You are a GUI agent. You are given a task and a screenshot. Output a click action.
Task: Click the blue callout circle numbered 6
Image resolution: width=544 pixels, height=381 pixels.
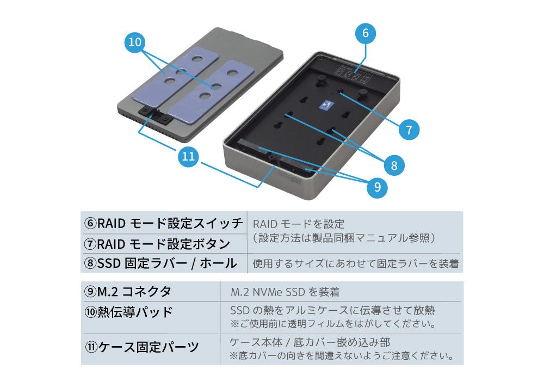[x=365, y=33]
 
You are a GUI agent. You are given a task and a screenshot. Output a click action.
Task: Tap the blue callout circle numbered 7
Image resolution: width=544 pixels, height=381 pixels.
[x=409, y=130]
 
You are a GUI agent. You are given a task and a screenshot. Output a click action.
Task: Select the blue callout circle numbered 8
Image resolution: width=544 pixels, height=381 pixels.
[x=394, y=163]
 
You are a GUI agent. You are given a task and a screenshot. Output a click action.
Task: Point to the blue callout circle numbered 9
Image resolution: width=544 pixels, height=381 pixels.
[x=377, y=187]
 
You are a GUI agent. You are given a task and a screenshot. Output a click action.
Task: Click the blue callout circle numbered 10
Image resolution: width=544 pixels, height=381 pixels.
[x=137, y=44]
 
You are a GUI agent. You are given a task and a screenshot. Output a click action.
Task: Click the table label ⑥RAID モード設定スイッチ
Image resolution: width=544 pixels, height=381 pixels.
[x=163, y=223]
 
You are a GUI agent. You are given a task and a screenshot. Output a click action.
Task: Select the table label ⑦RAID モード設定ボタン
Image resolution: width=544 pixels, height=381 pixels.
[x=157, y=243]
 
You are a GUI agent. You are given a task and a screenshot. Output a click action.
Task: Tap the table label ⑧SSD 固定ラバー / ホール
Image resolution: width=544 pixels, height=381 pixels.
[x=160, y=263]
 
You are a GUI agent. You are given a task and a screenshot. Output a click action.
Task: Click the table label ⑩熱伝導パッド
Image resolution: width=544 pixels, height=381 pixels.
[x=128, y=312]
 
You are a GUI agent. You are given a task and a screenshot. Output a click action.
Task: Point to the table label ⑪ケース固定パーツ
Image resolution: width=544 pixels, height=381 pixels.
[x=141, y=347]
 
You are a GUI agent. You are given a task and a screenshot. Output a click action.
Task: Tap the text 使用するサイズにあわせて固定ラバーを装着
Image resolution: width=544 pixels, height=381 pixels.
[x=356, y=265]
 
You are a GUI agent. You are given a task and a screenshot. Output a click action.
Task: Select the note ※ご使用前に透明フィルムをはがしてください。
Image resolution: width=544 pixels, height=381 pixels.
[x=332, y=324]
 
